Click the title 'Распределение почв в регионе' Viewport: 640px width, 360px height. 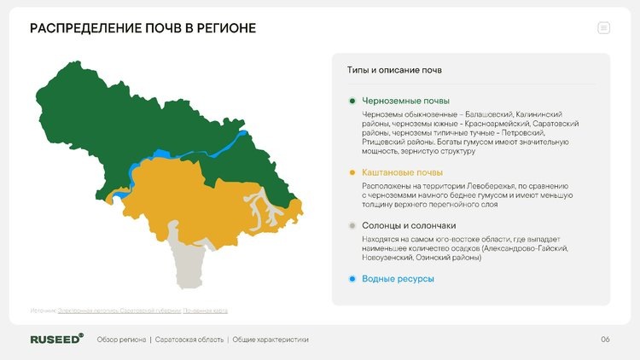coord(143,29)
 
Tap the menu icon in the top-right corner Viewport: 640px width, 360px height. coord(604,28)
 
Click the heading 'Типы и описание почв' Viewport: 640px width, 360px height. coord(388,70)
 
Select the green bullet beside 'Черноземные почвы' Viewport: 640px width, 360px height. coord(352,102)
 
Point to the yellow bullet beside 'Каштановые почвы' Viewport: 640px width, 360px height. coord(352,172)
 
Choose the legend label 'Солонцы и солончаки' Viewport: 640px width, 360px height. coord(405,226)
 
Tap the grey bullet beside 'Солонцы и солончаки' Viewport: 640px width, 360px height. coord(352,226)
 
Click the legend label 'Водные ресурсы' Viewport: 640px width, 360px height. coord(399,279)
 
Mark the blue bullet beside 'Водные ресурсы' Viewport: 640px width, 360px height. coord(352,279)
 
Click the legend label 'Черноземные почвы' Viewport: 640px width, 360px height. coord(405,102)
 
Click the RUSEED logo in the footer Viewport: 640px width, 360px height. coord(56,340)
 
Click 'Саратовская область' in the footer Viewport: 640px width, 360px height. coord(189,340)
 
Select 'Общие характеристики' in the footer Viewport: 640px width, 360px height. coord(271,340)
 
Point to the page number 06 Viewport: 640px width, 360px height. coord(605,340)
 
